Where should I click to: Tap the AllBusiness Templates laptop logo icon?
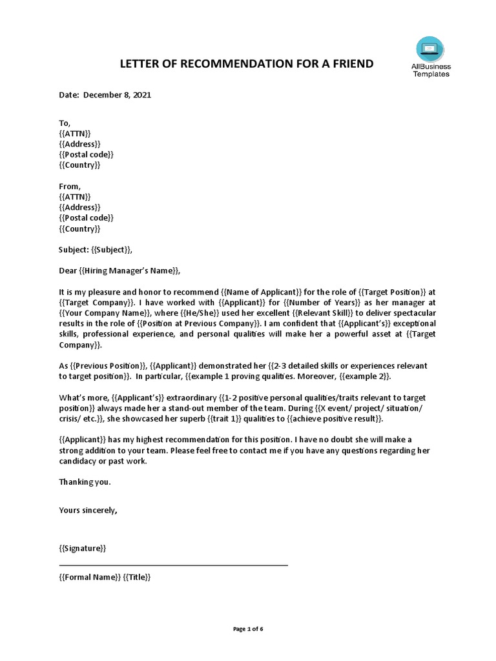(431, 48)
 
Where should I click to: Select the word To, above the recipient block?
(65, 123)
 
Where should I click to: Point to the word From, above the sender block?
(70, 187)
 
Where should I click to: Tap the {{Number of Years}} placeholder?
(320, 303)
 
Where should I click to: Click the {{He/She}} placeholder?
(195, 313)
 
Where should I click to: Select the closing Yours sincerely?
(88, 510)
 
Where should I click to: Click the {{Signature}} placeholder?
(83, 549)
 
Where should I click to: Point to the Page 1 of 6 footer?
(248, 629)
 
